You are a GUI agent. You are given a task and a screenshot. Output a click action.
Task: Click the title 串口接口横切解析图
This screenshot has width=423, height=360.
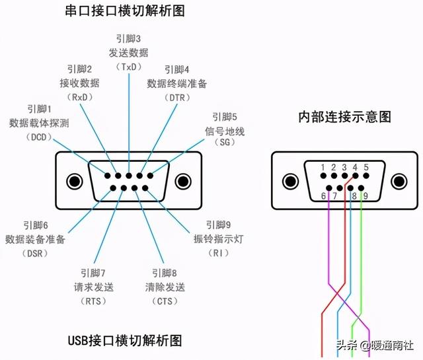(128, 11)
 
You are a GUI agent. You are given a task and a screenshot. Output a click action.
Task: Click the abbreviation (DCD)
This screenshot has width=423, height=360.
(38, 137)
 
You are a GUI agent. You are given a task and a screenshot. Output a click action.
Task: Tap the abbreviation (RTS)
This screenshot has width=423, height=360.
(93, 301)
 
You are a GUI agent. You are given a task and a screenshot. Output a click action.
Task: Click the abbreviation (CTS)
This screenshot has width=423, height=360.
(165, 301)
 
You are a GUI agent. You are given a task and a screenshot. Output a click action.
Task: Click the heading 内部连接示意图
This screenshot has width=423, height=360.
(344, 118)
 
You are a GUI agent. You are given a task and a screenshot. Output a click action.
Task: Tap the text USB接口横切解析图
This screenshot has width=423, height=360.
(125, 341)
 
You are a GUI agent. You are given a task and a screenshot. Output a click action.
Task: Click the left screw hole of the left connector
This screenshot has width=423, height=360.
(72, 180)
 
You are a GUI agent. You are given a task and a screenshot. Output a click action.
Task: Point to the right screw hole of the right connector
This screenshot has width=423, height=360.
(398, 181)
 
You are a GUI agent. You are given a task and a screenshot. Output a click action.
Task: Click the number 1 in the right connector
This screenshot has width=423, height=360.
(323, 168)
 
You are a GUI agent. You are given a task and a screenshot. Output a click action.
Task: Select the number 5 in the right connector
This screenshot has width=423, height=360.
(365, 168)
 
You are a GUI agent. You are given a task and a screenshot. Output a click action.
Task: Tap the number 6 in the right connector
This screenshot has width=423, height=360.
(324, 196)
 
